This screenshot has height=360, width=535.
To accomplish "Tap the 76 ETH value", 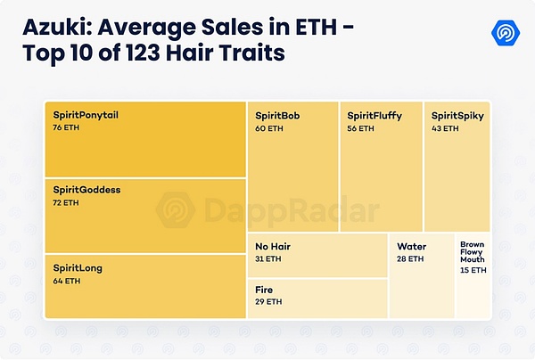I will click(x=66, y=129).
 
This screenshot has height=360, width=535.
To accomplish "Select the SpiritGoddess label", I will click(x=86, y=190).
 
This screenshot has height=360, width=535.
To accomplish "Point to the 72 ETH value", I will click(x=66, y=203).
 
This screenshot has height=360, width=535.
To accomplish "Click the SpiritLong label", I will click(x=78, y=268).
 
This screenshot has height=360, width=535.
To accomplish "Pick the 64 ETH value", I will click(x=66, y=282).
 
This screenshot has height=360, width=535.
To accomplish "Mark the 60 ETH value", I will click(x=269, y=129).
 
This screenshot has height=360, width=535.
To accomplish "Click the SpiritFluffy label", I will click(x=374, y=116).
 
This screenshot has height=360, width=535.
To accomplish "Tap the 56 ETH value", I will click(x=360, y=129).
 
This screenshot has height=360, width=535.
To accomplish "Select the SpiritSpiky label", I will click(x=457, y=116).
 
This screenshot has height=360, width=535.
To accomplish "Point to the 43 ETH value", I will click(x=444, y=129).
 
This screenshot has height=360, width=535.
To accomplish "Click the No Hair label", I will click(x=273, y=246).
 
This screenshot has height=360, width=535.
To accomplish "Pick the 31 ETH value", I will click(x=268, y=258).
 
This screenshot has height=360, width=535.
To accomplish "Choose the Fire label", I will click(x=264, y=290).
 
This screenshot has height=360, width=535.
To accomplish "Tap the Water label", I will click(x=412, y=246).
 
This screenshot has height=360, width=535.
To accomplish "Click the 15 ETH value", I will click(x=473, y=270).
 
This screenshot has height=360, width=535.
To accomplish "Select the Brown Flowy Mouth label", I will click(x=473, y=251).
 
